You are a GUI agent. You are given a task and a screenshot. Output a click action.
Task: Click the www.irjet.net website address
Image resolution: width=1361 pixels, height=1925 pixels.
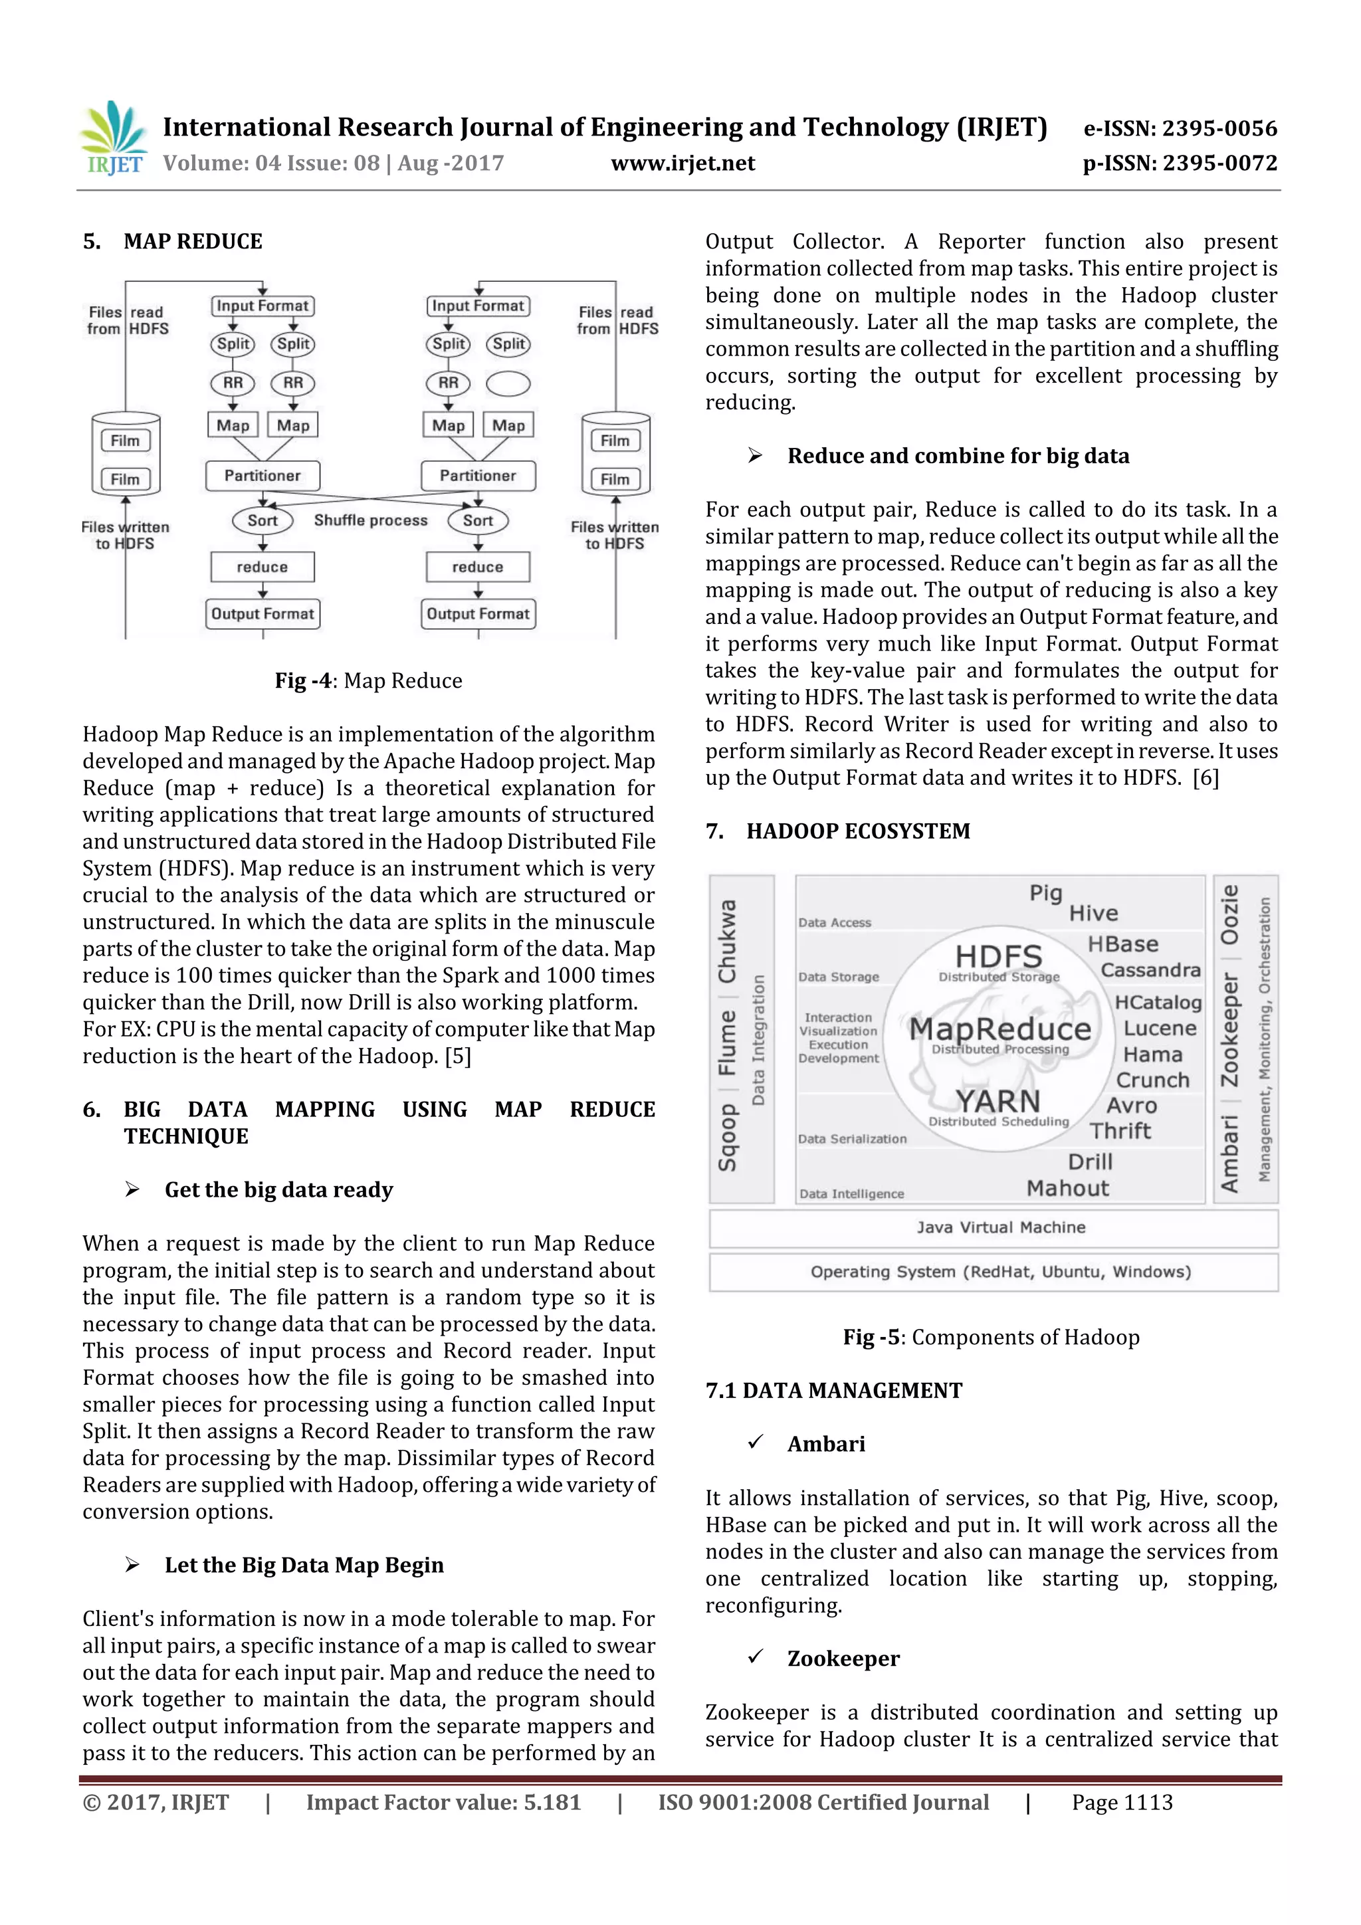click(x=682, y=163)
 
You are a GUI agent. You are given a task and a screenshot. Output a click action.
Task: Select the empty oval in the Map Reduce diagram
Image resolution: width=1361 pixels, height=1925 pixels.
click(x=508, y=384)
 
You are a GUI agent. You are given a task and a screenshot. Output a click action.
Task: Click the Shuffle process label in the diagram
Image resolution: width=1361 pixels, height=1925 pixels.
click(x=371, y=521)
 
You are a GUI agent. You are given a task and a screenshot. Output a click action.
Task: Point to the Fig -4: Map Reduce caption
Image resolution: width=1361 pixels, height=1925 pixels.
click(x=368, y=681)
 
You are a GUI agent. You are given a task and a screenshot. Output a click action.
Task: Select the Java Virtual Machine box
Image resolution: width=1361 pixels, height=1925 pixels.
click(x=994, y=1227)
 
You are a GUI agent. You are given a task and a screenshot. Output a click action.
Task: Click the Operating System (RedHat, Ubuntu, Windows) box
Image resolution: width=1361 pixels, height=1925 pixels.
click(x=994, y=1272)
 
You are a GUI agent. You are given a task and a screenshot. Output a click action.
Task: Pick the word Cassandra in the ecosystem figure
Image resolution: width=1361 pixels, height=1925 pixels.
click(x=1150, y=971)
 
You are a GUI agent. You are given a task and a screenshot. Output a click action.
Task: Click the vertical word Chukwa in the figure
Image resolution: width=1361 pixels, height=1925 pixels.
click(x=727, y=942)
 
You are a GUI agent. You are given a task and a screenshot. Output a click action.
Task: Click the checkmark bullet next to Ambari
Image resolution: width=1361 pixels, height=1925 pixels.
click(x=756, y=1441)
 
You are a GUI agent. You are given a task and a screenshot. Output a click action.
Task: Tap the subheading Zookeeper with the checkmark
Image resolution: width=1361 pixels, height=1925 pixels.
click(x=843, y=1659)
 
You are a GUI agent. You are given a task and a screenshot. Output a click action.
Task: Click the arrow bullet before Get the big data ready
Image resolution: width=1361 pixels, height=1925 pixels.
click(x=132, y=1189)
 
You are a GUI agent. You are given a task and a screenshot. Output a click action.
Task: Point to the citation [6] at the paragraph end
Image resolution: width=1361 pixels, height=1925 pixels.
click(x=1205, y=778)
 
